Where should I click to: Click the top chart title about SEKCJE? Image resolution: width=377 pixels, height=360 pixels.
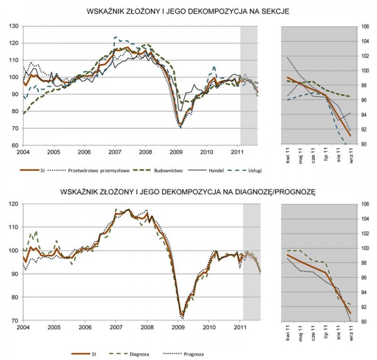188,11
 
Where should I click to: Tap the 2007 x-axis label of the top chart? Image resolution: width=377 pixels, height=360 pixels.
114,153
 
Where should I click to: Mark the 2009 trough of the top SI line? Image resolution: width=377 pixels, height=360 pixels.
180,124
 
